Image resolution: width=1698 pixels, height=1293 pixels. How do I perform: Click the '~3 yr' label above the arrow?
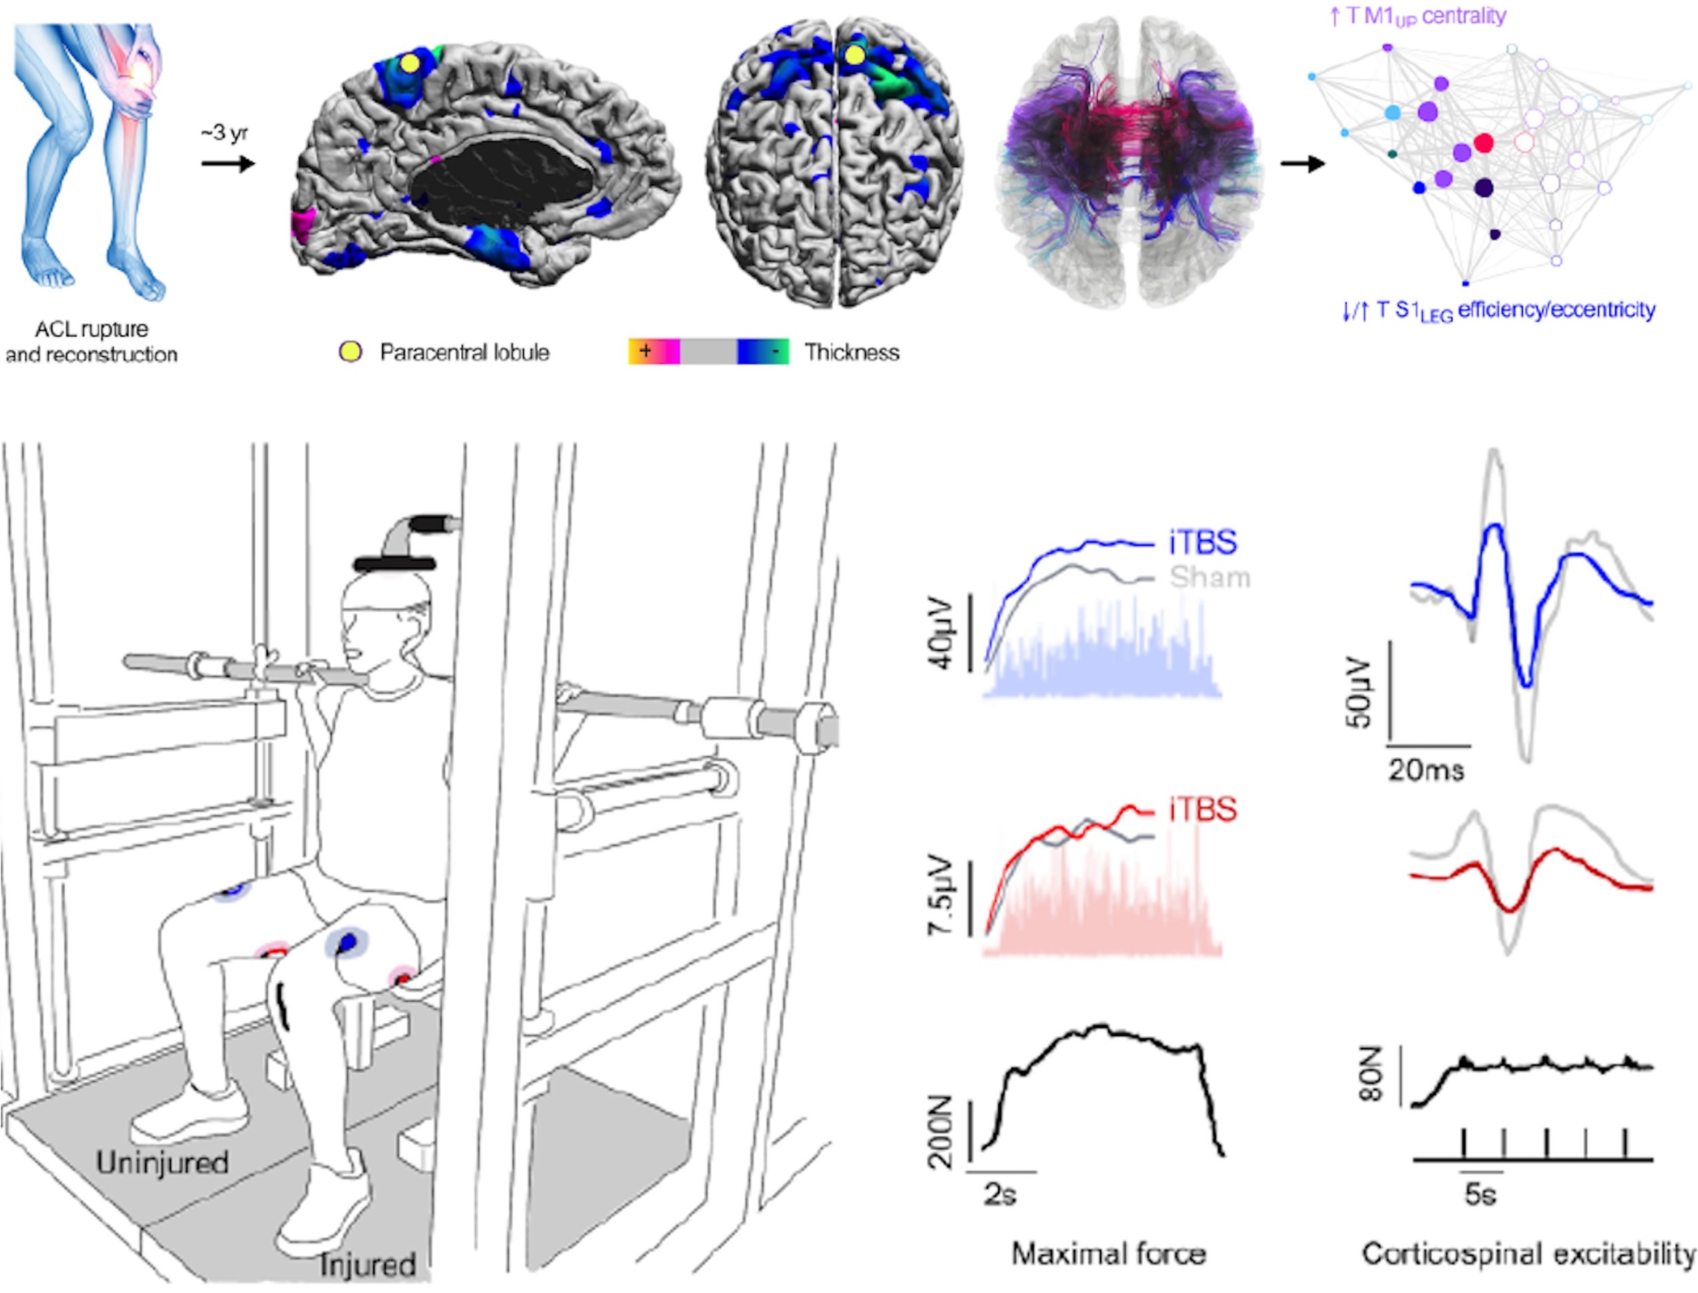224,134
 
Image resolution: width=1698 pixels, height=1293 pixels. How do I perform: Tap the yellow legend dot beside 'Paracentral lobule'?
350,352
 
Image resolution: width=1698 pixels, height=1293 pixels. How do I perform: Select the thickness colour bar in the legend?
708,352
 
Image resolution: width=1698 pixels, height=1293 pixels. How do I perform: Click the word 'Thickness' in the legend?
851,352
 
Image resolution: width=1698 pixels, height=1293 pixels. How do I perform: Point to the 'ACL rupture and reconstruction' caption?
91,342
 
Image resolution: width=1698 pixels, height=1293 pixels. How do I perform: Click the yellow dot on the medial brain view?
410,62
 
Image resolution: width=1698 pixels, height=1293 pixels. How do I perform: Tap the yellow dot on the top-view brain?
854,54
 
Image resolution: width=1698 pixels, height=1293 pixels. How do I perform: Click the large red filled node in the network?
1483,143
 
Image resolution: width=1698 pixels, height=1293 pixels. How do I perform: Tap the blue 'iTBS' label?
1202,543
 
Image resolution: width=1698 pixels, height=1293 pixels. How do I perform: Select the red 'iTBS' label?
1202,809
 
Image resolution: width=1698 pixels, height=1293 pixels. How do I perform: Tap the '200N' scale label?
941,1133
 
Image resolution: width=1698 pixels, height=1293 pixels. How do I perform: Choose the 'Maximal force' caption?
1108,1254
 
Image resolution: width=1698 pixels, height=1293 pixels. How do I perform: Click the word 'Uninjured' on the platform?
162,1162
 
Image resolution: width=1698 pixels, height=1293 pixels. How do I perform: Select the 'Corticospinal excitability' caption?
1528,1254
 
